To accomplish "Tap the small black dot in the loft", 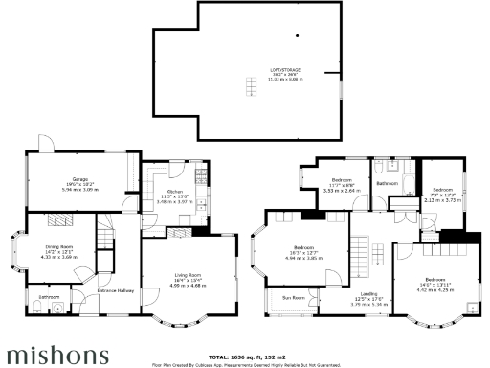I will (x=297, y=36).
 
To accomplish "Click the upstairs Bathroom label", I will (x=387, y=183).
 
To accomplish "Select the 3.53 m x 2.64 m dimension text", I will (x=341, y=191).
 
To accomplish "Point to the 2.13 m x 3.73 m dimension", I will (x=441, y=200).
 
